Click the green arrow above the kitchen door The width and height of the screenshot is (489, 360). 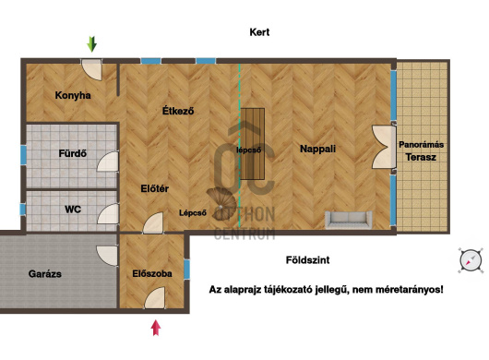tap(91, 44)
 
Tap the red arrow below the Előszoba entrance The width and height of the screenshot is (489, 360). tap(156, 328)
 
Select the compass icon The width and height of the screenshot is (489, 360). tap(471, 260)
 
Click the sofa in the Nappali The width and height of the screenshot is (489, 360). tap(349, 220)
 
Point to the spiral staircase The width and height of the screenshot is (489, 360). tap(221, 204)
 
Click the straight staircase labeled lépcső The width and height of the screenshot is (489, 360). tap(252, 144)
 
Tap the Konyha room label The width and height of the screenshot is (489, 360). tap(73, 95)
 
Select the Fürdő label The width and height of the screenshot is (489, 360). tap(72, 153)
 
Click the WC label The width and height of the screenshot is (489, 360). tap(73, 209)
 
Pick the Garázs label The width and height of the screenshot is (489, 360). tap(45, 274)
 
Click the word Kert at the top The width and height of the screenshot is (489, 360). tap(259, 32)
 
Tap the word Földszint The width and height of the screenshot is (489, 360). tap(307, 260)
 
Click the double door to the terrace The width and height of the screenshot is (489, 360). tap(383, 147)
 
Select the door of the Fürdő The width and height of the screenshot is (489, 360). tap(108, 162)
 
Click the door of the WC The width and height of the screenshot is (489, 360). tap(108, 213)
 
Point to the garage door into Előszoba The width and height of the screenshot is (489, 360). tap(107, 256)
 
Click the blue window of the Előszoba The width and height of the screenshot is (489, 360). tap(186, 269)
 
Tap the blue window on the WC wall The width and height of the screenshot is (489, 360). tap(22, 209)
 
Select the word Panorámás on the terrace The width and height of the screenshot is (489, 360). tap(421, 145)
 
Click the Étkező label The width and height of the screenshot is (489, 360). tap(178, 111)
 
